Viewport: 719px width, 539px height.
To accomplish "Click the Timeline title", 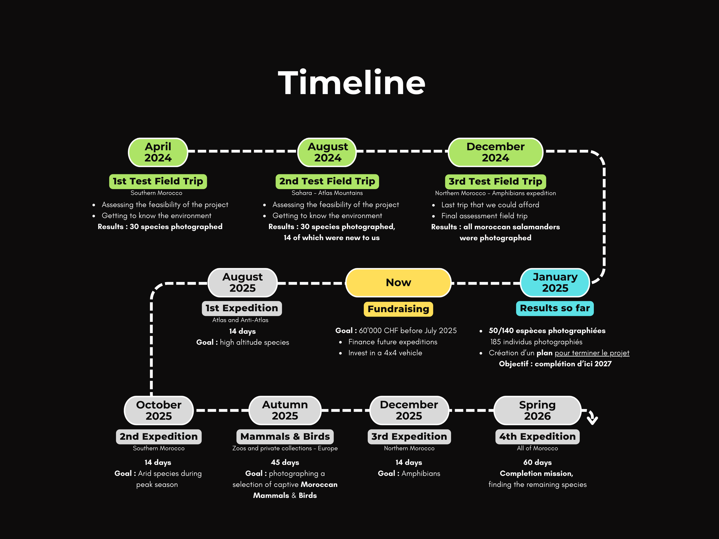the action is [x=351, y=83].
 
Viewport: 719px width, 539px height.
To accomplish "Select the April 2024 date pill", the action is [x=158, y=152].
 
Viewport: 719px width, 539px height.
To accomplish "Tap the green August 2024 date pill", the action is [x=327, y=152].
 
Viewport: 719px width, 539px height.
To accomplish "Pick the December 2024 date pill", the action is [x=495, y=152].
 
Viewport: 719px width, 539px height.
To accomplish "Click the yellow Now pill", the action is [x=398, y=283].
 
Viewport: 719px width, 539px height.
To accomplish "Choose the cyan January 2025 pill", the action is [x=555, y=283].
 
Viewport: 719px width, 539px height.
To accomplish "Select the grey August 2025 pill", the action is [x=242, y=283].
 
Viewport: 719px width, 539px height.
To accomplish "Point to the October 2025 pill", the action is [x=159, y=410].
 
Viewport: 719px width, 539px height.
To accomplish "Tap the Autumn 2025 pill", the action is [x=285, y=410].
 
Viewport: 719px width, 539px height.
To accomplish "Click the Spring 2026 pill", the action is [x=537, y=410].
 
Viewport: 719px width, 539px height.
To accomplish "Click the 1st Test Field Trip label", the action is [x=158, y=181].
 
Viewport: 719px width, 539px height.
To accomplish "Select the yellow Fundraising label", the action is [x=398, y=309].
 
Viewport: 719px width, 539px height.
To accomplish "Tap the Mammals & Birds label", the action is [x=285, y=437].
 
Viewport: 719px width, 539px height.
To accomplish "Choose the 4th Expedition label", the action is [x=537, y=437].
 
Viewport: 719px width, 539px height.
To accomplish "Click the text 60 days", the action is [x=537, y=462].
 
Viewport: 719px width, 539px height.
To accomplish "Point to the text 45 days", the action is [x=285, y=462].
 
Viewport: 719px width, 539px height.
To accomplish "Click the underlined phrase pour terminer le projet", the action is [x=592, y=353].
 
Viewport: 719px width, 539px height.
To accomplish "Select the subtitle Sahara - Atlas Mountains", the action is [x=327, y=193].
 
